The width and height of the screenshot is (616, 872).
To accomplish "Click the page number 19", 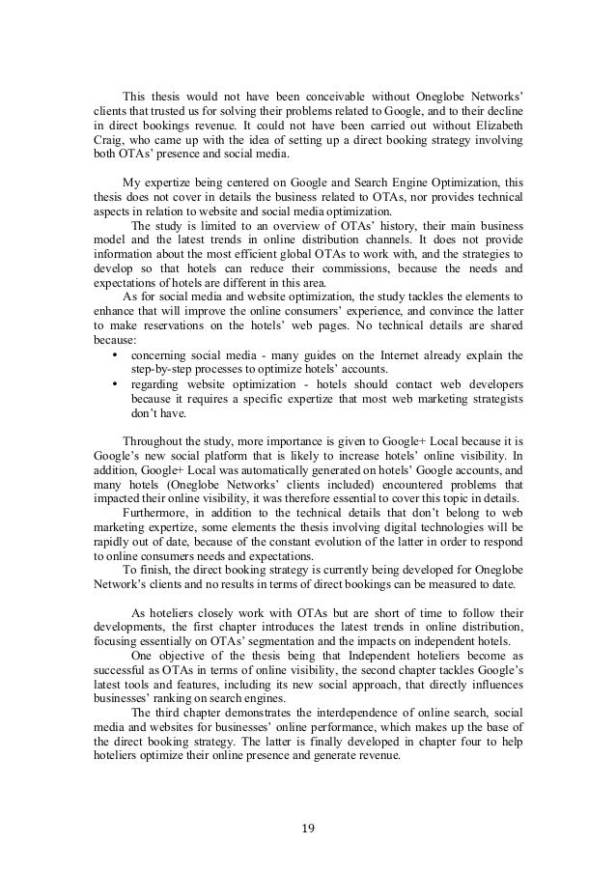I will pyautogui.click(x=307, y=828).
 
